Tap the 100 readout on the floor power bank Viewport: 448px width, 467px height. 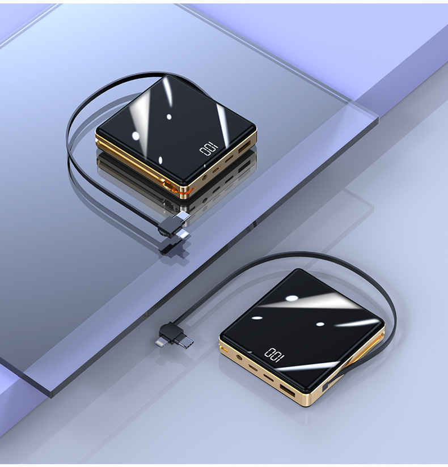click(x=274, y=355)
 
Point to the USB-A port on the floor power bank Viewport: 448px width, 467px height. click(x=287, y=390)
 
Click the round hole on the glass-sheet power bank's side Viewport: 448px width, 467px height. click(x=205, y=178)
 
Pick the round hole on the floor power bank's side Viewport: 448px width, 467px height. click(x=238, y=357)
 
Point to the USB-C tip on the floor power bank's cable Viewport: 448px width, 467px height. click(x=185, y=343)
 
